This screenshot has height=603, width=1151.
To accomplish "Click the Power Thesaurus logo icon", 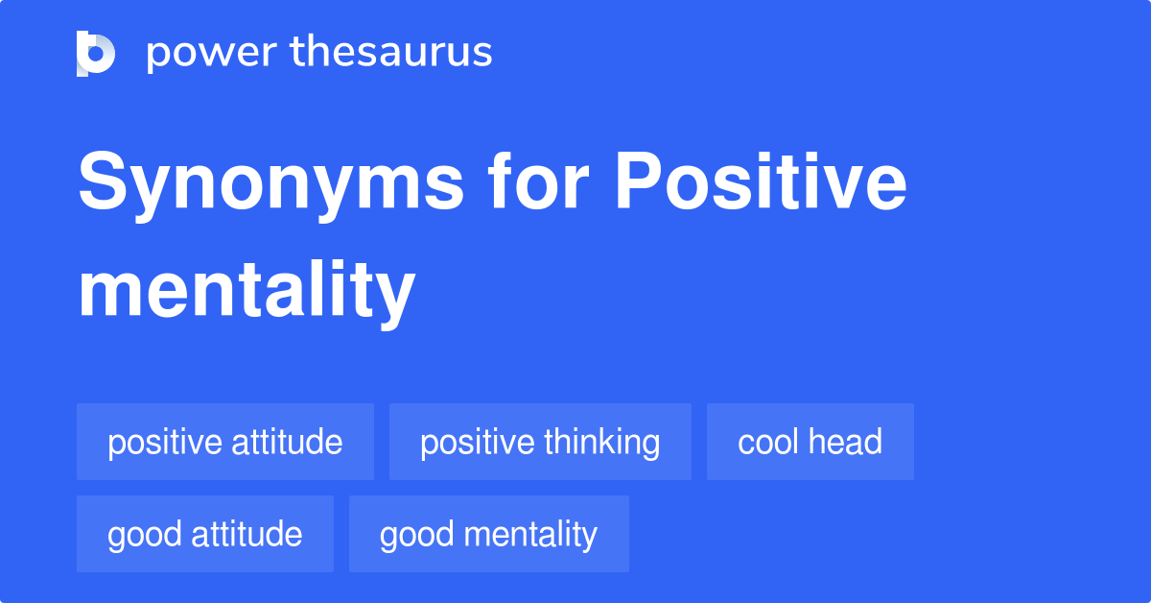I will (x=96, y=53).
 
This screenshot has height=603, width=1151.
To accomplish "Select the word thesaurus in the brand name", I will (x=391, y=53).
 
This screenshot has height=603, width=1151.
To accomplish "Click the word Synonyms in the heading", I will (x=270, y=184).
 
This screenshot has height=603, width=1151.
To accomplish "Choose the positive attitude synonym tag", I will (x=225, y=442).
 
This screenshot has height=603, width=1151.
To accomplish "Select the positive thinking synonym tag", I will (x=540, y=442).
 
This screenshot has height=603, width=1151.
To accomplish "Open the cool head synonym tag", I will (x=810, y=442).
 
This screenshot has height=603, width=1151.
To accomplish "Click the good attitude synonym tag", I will (x=205, y=534).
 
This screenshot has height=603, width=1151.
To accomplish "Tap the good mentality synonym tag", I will (x=489, y=534).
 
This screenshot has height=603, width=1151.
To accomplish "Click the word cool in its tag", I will (x=768, y=442).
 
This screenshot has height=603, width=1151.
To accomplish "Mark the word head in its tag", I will (x=845, y=442).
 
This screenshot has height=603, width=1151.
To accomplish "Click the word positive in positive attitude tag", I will (x=164, y=442).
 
